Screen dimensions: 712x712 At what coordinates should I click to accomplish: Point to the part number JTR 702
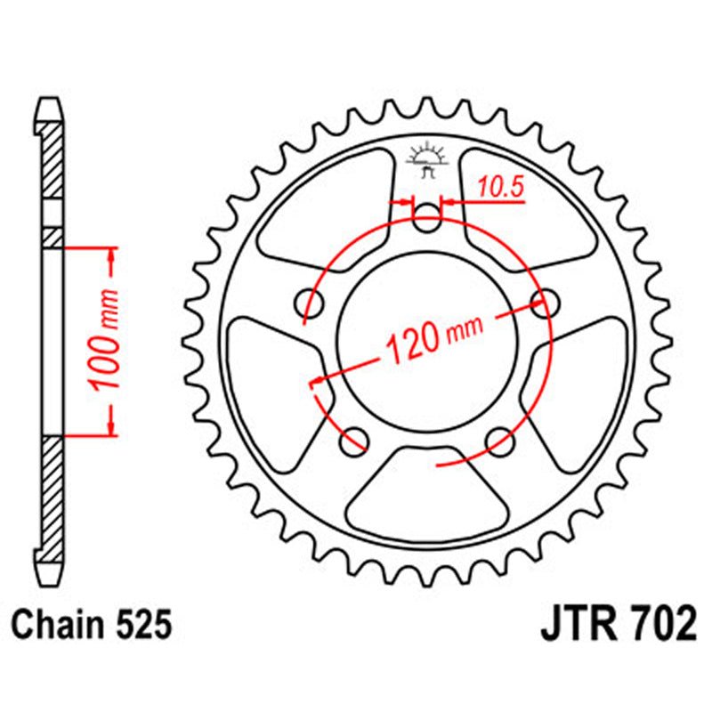click(x=618, y=625)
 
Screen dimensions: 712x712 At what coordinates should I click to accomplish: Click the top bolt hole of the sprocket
click(x=428, y=218)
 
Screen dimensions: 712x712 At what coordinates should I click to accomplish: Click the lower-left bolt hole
click(x=355, y=438)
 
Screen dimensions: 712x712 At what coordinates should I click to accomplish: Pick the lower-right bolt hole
click(x=500, y=438)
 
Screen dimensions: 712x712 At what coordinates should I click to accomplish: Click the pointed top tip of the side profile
click(x=53, y=100)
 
